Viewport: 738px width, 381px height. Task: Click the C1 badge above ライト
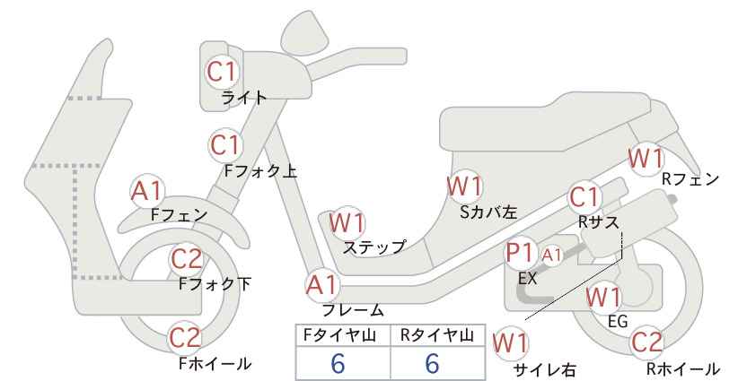point(222,73)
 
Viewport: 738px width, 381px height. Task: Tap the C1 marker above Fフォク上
point(225,145)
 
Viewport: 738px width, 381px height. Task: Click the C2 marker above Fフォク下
point(187,259)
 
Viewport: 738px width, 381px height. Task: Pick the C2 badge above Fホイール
point(186,338)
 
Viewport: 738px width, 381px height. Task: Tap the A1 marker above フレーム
point(323,286)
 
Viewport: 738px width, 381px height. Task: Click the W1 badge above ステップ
point(347,222)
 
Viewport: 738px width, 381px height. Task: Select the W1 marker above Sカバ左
point(465,186)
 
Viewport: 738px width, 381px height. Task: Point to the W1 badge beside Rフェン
point(646,159)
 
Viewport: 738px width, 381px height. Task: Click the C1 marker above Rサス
point(584,197)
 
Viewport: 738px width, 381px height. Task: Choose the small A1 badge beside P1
point(551,255)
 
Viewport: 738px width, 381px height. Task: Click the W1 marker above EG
point(604,298)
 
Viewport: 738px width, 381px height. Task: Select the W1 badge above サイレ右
point(510,343)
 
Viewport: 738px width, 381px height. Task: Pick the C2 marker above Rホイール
point(646,342)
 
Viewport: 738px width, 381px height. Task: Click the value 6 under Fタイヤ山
point(338,363)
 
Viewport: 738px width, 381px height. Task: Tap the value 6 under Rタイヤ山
point(432,363)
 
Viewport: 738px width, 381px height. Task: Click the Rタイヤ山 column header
point(437,335)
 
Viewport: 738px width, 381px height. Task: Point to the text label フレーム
point(353,310)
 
